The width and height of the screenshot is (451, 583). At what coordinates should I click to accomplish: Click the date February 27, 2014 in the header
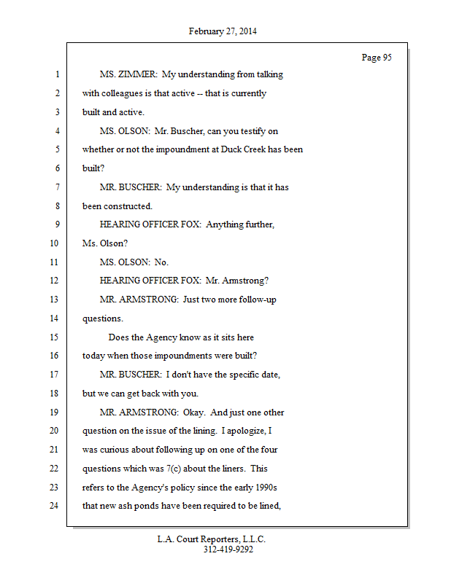(x=223, y=31)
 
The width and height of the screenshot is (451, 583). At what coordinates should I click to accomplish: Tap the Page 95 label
(x=377, y=58)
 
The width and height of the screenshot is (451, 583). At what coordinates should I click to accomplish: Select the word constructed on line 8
(x=127, y=206)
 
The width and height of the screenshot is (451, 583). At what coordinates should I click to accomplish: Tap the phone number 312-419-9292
(x=228, y=549)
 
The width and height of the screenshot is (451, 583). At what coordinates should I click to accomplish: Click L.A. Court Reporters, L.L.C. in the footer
(x=212, y=539)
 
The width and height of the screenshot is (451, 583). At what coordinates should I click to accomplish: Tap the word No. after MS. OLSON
(x=161, y=262)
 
